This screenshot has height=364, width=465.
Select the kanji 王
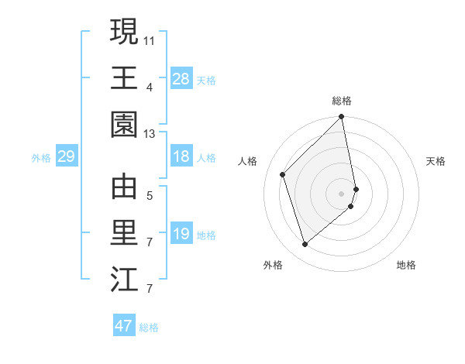coord(124,77)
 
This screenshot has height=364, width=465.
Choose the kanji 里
coord(124,232)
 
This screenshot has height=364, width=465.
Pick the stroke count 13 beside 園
coord(150,134)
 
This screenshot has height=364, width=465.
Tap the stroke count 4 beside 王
coord(150,86)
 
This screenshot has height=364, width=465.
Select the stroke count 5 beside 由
coord(150,194)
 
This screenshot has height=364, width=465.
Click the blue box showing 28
coord(181,78)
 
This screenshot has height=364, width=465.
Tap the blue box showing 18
coord(181,157)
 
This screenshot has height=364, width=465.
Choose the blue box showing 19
coord(181,234)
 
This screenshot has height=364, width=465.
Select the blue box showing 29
coord(66,157)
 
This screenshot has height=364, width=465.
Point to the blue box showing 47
coord(124,326)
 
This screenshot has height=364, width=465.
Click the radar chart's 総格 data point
coord(341,118)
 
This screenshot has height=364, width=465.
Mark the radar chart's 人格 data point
coord(283,174)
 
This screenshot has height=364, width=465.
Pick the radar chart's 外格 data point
coord(305,245)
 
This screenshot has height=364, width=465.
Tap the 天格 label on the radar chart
coord(436,161)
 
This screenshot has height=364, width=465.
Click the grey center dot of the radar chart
coord(342,193)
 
